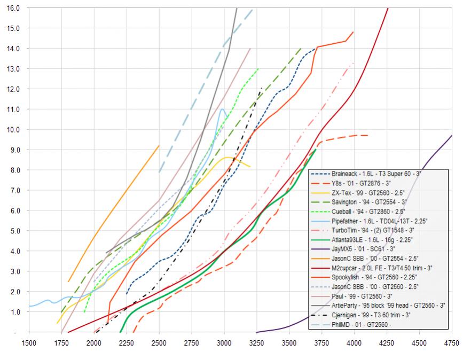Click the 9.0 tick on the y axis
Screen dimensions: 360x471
click(13, 150)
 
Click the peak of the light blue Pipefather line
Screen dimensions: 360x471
click(222, 109)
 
